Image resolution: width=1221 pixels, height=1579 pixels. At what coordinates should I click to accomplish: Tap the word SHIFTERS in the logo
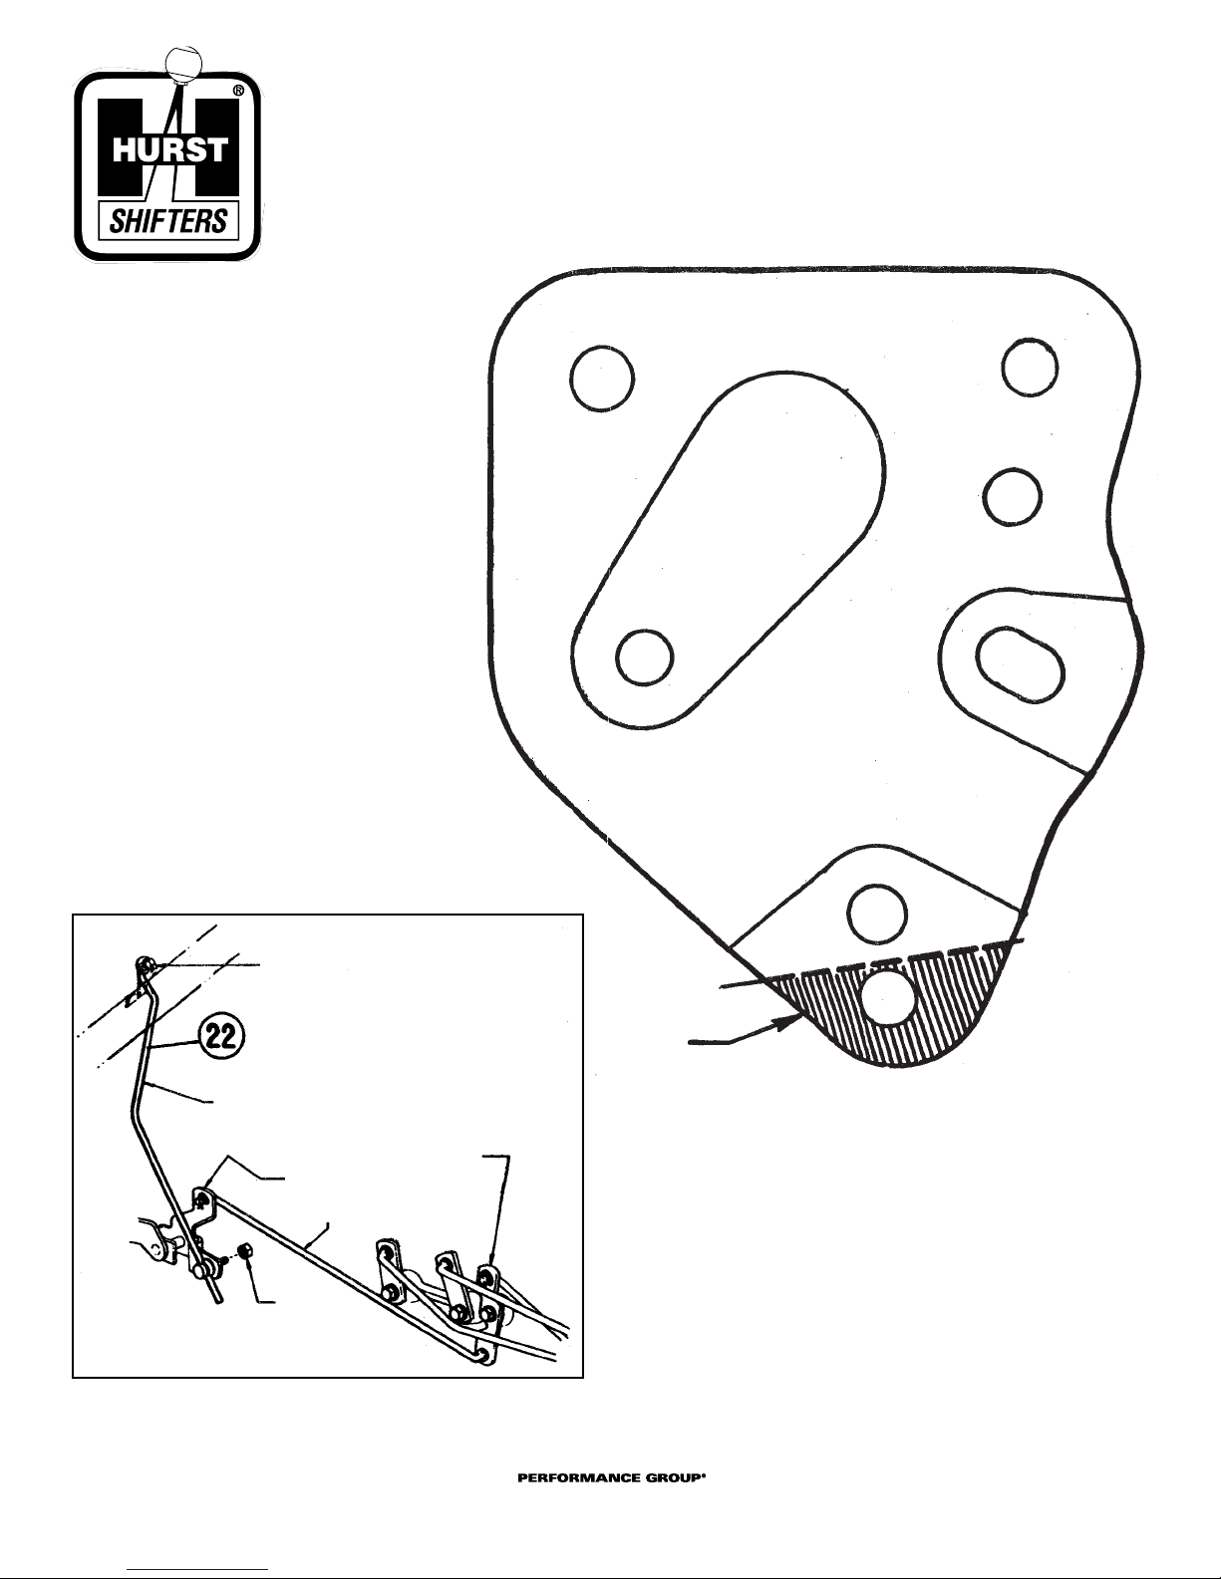point(168,220)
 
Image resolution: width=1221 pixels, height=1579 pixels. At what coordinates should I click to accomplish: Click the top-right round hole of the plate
point(1031,366)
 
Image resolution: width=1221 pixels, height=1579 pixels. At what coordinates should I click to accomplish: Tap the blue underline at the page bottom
point(199,1568)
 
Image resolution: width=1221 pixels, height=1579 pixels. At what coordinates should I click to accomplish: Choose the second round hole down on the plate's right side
point(1012,496)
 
